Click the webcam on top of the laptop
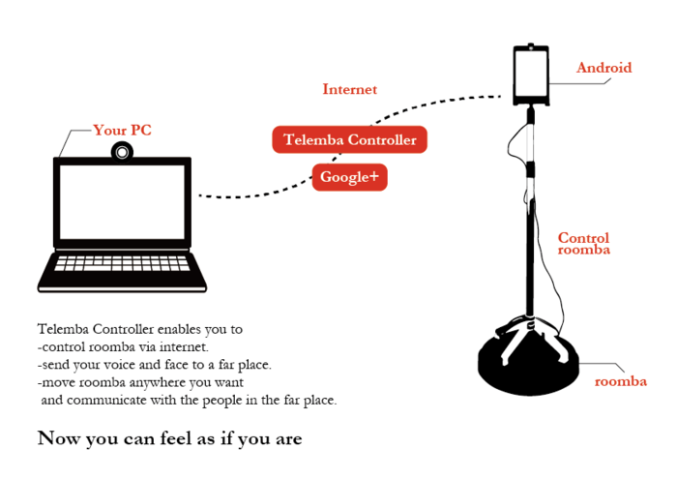point(122,151)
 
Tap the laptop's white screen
point(122,206)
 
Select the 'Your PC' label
point(122,130)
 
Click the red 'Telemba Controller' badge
point(349,140)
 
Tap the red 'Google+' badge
point(349,177)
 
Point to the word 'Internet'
point(349,90)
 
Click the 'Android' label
point(603,68)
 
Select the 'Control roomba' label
point(584,243)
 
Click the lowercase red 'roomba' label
point(620,381)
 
